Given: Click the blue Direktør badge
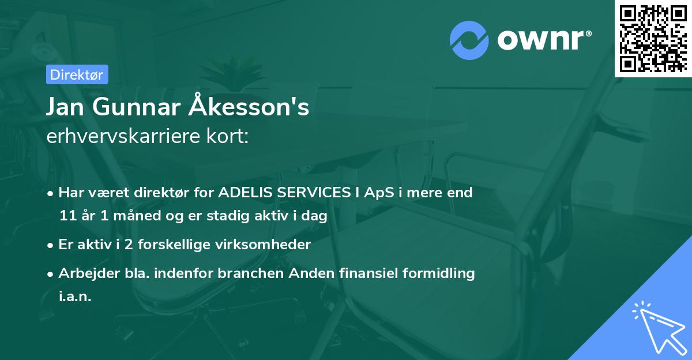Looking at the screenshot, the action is [77, 74].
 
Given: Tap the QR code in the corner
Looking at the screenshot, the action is [653, 39].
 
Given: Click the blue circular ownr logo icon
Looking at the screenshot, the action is [469, 40].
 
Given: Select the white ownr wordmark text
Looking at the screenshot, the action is [544, 40].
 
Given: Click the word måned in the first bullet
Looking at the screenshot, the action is [137, 215].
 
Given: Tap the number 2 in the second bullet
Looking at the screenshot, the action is [129, 245].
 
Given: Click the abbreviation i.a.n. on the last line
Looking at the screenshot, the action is [75, 296].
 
